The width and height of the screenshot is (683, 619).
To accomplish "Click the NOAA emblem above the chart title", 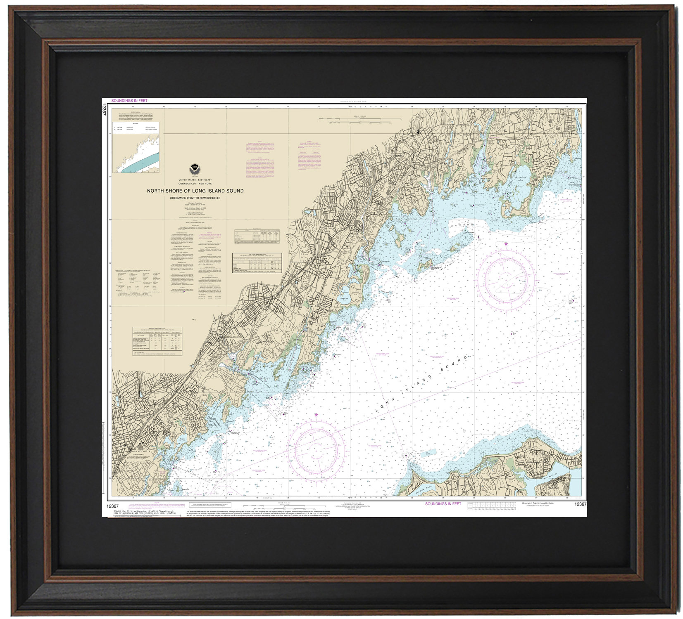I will click(194, 168).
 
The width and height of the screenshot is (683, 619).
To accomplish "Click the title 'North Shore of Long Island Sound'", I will click(195, 191).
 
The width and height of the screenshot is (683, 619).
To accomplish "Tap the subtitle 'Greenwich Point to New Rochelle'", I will click(195, 198).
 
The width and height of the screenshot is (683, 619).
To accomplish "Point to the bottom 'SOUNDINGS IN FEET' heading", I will click(443, 504).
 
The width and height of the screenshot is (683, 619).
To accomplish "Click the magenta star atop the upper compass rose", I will click(506, 244).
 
